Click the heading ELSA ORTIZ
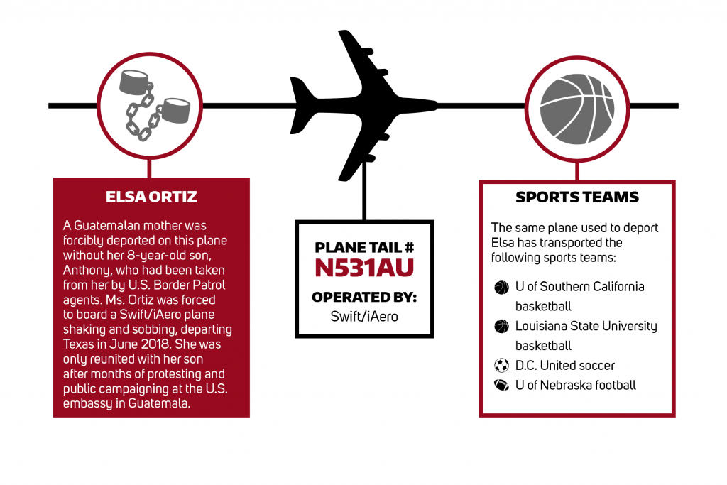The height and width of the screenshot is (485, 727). [151, 197]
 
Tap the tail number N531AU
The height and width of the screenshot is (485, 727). [364, 268]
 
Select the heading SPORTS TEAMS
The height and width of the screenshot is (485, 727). [576, 197]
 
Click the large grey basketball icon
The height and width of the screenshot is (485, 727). [577, 109]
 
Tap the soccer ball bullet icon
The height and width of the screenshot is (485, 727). [501, 366]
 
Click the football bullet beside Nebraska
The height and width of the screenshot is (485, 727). [501, 385]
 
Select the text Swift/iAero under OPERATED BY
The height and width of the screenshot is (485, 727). [364, 316]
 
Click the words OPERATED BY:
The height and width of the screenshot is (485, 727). [364, 297]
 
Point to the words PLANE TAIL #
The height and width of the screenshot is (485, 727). [364, 247]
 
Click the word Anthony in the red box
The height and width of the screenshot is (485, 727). [86, 271]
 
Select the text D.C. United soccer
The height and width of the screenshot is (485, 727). [564, 366]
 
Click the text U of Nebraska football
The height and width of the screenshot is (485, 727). [575, 385]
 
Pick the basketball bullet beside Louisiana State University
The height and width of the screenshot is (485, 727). [501, 327]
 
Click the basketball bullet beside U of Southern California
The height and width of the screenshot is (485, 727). [501, 288]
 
